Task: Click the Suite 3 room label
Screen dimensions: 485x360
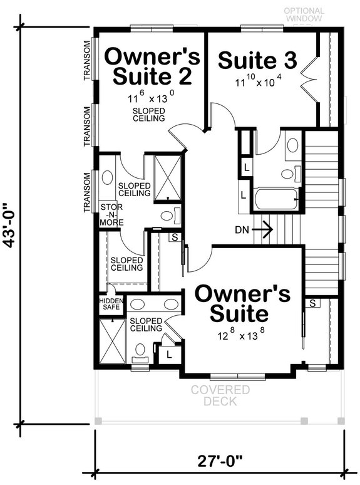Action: [257, 61]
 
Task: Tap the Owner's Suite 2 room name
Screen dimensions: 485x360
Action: [152, 66]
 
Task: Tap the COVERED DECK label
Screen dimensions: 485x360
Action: [220, 396]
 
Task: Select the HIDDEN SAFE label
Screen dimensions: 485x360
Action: [111, 305]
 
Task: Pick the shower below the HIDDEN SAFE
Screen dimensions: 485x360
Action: [111, 340]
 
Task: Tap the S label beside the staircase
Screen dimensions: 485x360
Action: [311, 303]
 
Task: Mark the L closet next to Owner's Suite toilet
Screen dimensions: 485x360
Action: [168, 355]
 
